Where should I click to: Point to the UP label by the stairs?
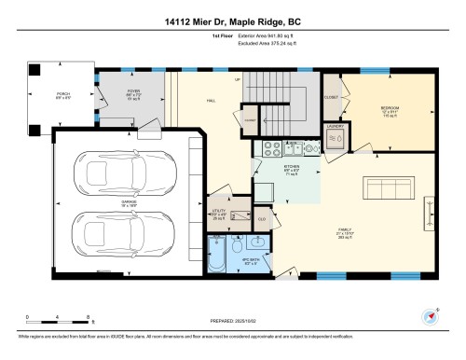point(238,80)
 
